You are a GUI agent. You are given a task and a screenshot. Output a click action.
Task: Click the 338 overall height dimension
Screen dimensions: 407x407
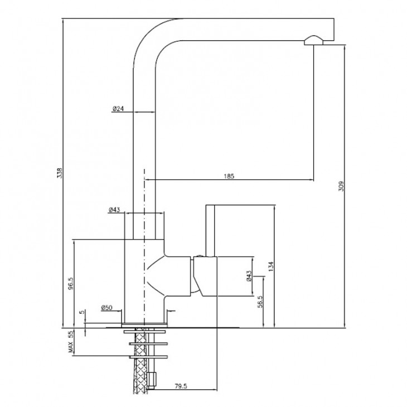[60, 173]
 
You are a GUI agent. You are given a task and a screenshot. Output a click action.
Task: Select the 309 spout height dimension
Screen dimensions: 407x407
[341, 186]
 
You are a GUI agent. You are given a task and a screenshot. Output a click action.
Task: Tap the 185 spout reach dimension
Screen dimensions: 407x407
[229, 176]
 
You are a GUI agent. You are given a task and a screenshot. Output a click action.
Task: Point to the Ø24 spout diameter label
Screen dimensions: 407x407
[118, 109]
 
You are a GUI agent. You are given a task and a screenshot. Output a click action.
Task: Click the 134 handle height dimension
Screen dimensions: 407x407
[271, 267]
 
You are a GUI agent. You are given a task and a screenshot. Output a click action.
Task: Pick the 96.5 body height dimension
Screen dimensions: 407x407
[71, 283]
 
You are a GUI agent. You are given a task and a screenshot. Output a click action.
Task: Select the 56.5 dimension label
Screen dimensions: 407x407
[260, 302]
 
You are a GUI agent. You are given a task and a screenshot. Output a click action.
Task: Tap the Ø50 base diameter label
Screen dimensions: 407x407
[106, 308]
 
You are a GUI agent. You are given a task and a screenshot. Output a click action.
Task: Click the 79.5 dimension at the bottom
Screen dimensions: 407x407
[181, 386]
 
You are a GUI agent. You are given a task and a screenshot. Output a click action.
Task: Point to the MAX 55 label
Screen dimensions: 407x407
[71, 342]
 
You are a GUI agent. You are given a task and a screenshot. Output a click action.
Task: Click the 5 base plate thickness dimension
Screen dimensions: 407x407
[82, 312]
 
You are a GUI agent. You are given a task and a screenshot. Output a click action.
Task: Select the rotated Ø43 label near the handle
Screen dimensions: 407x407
[249, 276]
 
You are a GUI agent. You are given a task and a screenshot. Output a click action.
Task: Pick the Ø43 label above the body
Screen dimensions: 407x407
[114, 210]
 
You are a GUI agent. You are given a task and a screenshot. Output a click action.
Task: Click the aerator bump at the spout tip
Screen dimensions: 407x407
[313, 40]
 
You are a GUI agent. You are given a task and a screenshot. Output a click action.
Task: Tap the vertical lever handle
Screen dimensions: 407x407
[210, 230]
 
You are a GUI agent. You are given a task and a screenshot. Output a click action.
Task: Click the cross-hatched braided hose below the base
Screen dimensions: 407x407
[140, 361]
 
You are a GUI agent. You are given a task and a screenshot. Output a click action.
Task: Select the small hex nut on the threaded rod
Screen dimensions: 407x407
[152, 380]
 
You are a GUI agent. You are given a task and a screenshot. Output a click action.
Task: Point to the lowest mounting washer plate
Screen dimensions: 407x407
[148, 357]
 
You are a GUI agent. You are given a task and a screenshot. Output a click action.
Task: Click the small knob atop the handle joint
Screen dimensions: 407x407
[200, 256]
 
